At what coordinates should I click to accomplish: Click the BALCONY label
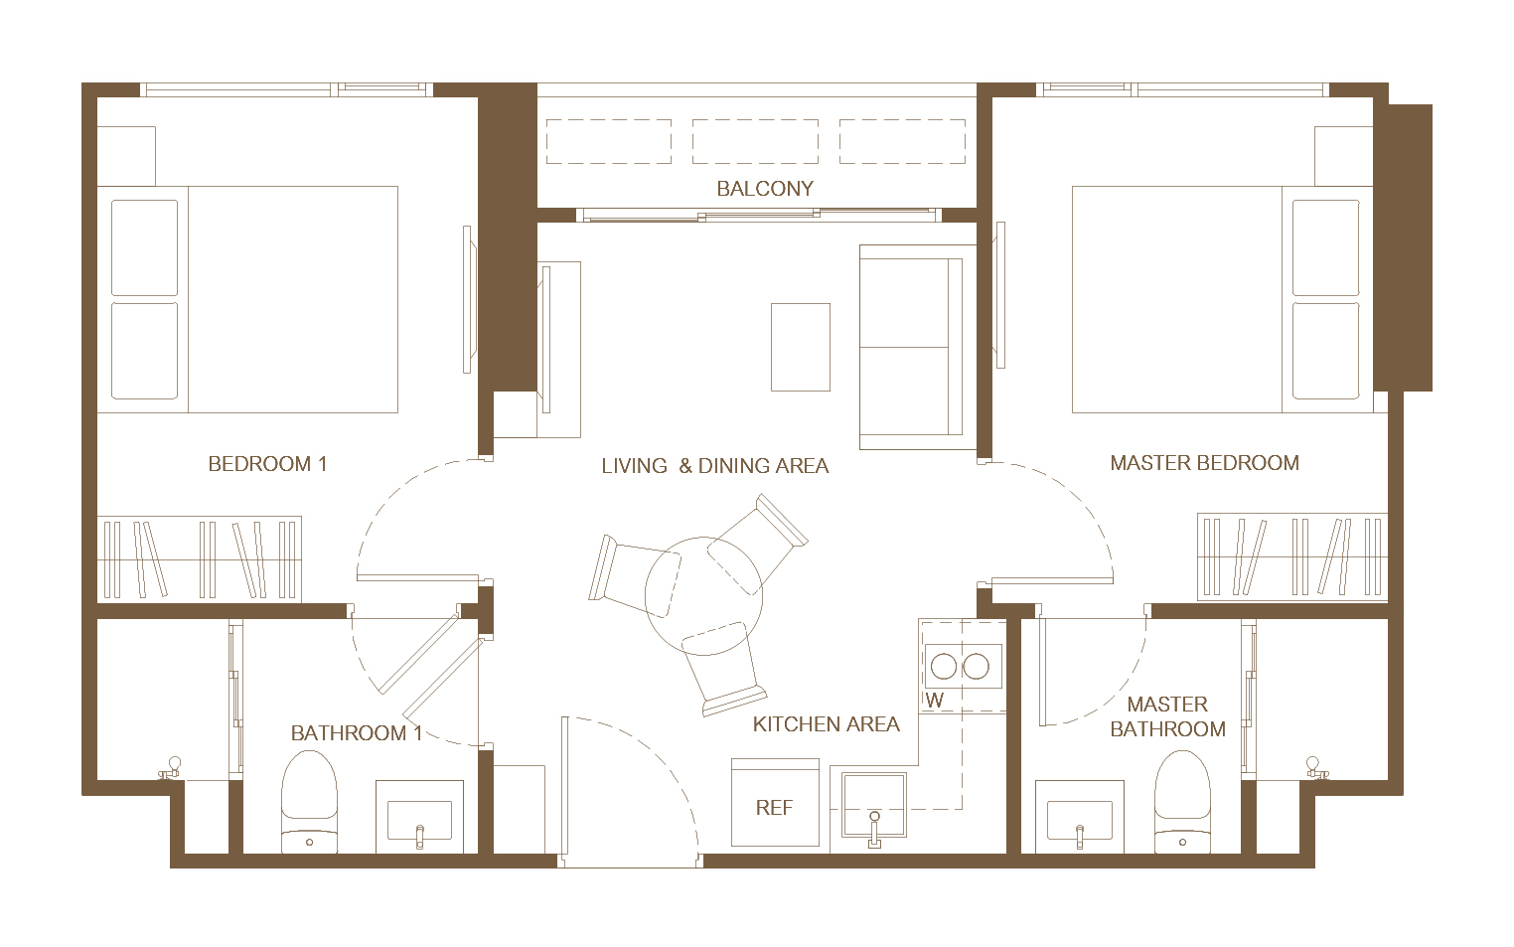[765, 189]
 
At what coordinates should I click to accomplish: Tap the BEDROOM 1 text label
[267, 464]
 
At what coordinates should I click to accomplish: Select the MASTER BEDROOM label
[1204, 463]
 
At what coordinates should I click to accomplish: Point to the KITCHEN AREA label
[826, 724]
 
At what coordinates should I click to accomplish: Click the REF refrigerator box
[775, 802]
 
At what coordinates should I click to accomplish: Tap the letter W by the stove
[935, 701]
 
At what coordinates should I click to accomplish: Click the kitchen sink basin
[873, 805]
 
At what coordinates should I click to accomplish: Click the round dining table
[703, 596]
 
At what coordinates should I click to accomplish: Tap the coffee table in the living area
[801, 347]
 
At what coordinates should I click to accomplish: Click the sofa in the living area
[917, 347]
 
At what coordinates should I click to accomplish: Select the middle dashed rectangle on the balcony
[755, 141]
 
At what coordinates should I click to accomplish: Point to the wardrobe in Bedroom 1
[200, 559]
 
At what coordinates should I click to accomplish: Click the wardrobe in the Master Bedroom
[1292, 557]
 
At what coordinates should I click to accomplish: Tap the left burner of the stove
[944, 667]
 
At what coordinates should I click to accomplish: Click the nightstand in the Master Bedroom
[1344, 155]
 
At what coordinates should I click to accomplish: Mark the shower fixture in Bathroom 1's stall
[171, 768]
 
